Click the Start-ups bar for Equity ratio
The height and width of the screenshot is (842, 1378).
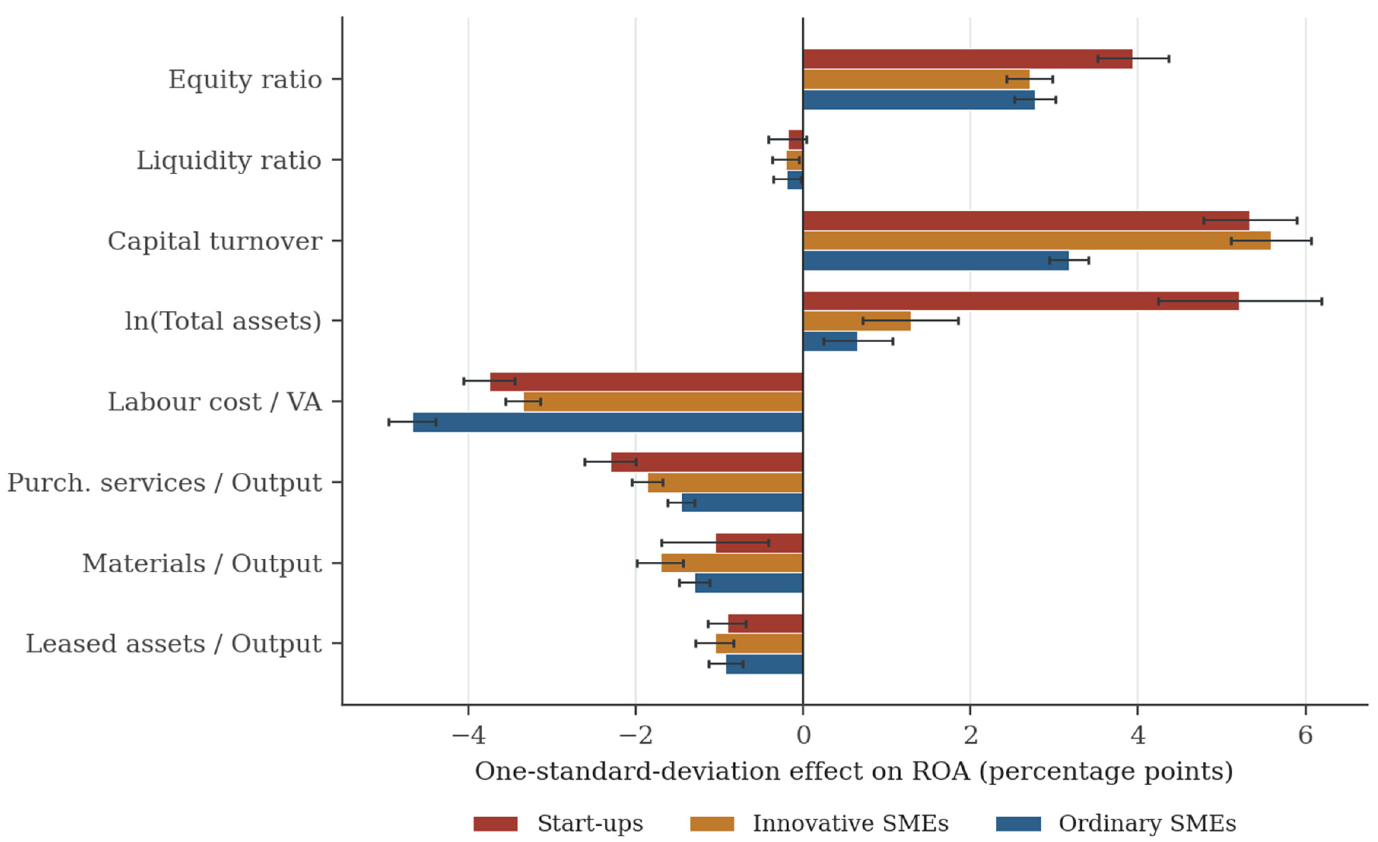968,59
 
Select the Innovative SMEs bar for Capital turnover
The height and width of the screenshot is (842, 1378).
1037,240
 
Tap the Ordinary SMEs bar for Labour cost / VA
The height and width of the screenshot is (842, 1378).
608,422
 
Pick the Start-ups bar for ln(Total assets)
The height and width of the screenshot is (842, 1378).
1021,301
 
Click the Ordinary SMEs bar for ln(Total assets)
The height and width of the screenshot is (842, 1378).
830,341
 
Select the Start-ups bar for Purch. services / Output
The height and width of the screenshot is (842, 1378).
707,462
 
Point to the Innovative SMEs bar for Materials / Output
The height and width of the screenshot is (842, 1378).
732,563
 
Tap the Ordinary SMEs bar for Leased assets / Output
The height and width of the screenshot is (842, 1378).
764,664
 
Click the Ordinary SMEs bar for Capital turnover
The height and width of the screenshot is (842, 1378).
936,261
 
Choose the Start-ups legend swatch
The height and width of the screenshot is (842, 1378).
496,823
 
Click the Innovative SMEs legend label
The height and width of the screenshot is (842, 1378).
850,823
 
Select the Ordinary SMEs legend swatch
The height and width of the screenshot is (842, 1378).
1019,823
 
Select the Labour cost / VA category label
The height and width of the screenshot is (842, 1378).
215,402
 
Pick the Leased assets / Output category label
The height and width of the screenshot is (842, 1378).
174,644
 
